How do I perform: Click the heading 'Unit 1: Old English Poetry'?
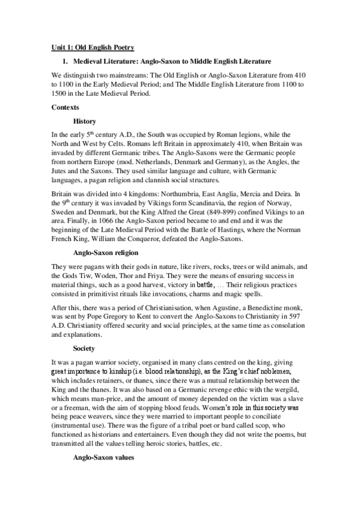93,47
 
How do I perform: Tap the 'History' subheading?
84,121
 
